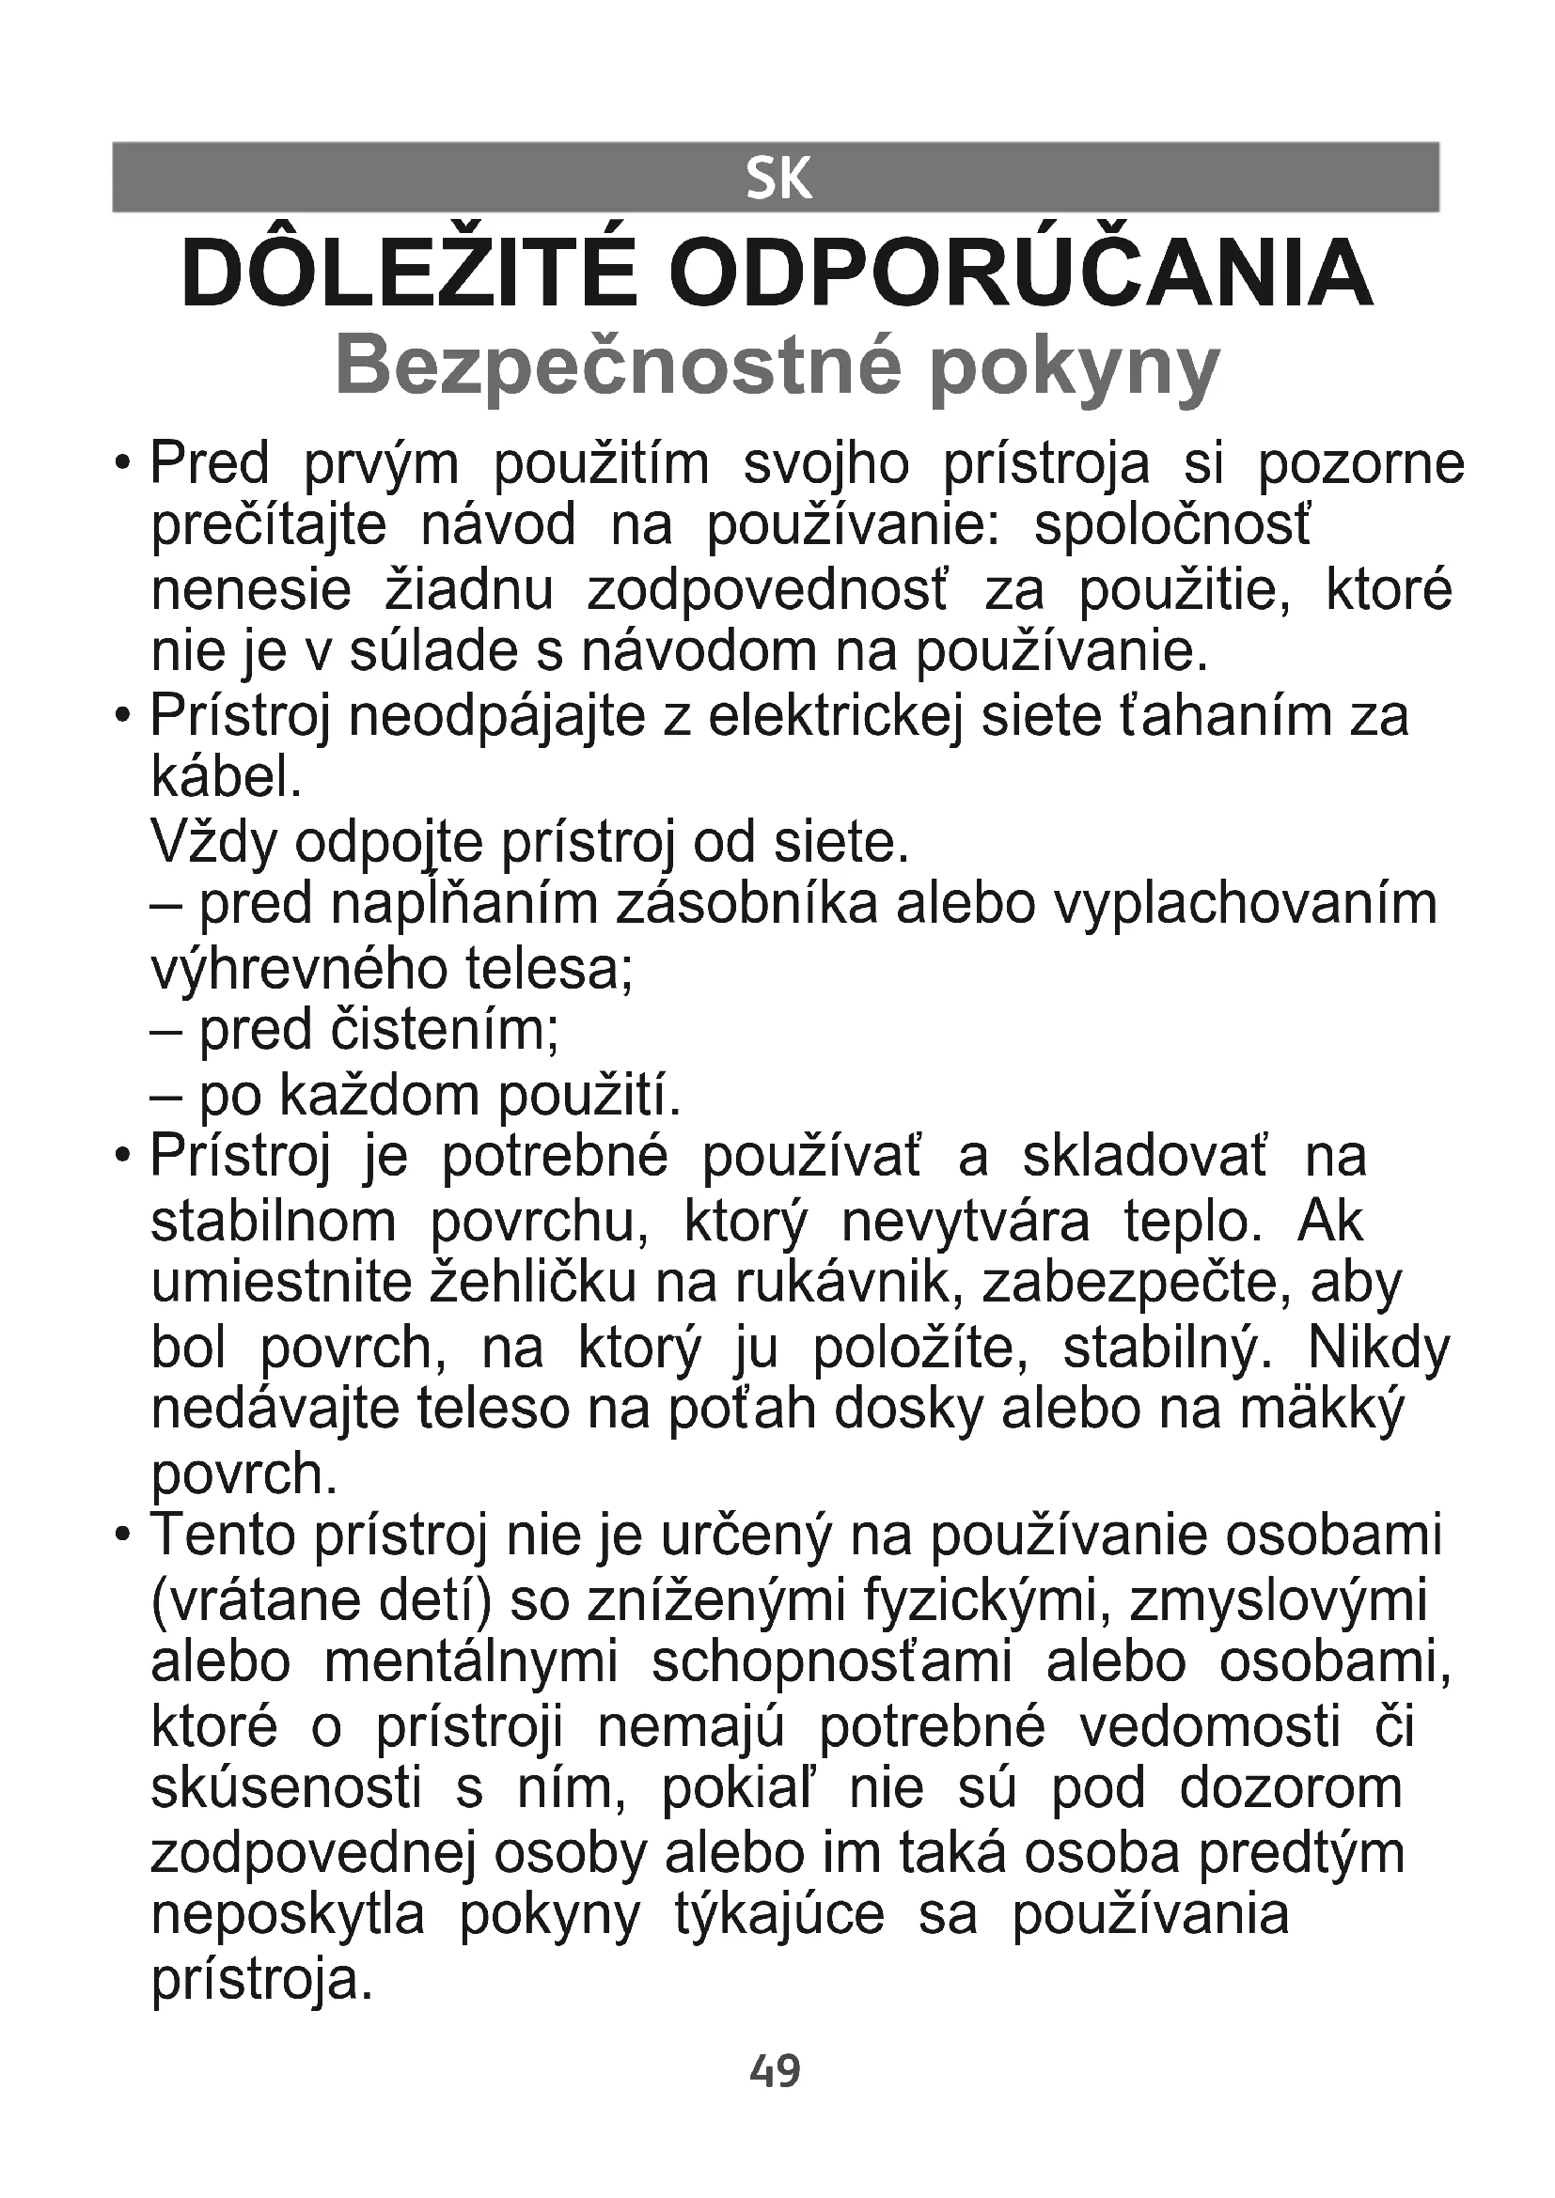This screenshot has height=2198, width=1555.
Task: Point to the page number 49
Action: [x=775, y=2071]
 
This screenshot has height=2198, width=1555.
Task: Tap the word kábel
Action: [x=227, y=779]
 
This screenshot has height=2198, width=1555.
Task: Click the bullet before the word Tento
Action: [x=121, y=1536]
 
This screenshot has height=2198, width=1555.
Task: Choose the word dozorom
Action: [x=1291, y=1789]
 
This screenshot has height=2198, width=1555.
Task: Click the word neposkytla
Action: [x=289, y=1915]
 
